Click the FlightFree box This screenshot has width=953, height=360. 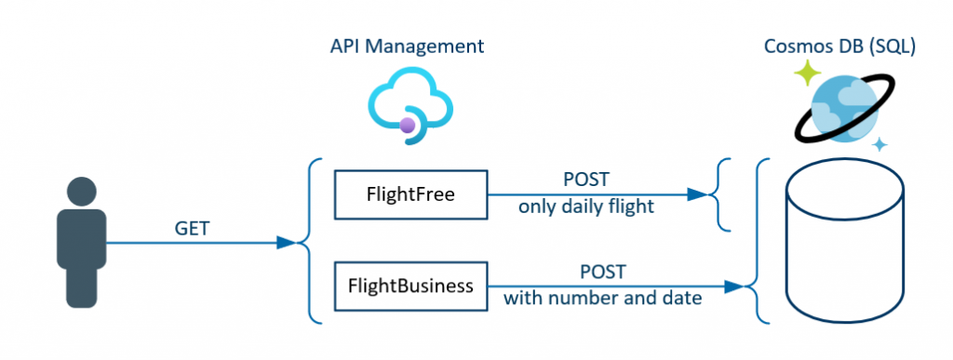[410, 195]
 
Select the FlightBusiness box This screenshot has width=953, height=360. [410, 286]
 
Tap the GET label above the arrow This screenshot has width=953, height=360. [191, 227]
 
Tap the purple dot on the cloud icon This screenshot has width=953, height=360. [408, 126]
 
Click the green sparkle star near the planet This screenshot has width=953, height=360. [806, 73]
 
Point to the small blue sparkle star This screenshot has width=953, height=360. [879, 144]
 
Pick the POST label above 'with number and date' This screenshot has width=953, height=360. [602, 273]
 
